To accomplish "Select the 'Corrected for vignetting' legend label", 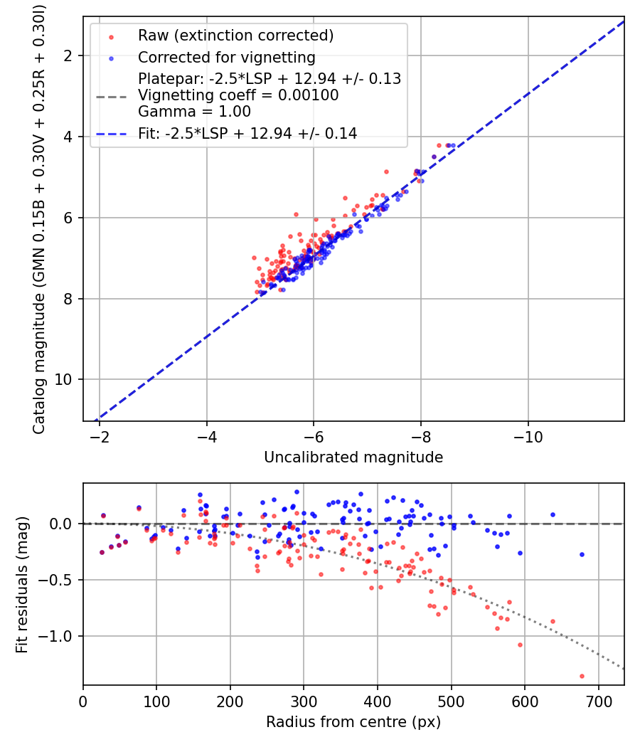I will point(226,57).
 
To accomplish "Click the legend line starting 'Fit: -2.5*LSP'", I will point(247,133).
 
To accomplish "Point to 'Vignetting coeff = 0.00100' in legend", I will point(238,95).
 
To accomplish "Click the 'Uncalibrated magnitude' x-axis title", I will point(353,457).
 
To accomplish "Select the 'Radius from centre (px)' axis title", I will point(353,722).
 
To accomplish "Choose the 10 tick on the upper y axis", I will point(64,379).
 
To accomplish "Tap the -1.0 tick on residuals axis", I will point(58,636).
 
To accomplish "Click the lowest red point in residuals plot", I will point(582,676).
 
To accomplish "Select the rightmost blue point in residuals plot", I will point(582,554).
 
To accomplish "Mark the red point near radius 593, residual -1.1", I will point(520,645).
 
